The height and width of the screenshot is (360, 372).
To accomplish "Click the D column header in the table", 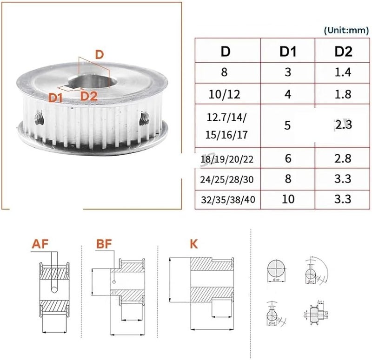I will click(x=226, y=52).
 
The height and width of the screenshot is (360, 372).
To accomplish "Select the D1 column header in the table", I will click(x=287, y=52).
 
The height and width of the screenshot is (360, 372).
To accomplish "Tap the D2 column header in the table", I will click(x=344, y=52).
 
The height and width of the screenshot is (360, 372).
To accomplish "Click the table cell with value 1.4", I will click(x=344, y=72).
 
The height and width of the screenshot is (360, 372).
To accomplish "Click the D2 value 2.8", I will click(x=344, y=159).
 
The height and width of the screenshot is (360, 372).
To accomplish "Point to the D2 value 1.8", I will click(x=344, y=94).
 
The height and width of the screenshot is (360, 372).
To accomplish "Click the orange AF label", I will click(x=41, y=244).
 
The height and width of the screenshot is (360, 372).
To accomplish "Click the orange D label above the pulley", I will click(x=99, y=54).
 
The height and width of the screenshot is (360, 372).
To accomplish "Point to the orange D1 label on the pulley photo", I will click(x=56, y=97).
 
